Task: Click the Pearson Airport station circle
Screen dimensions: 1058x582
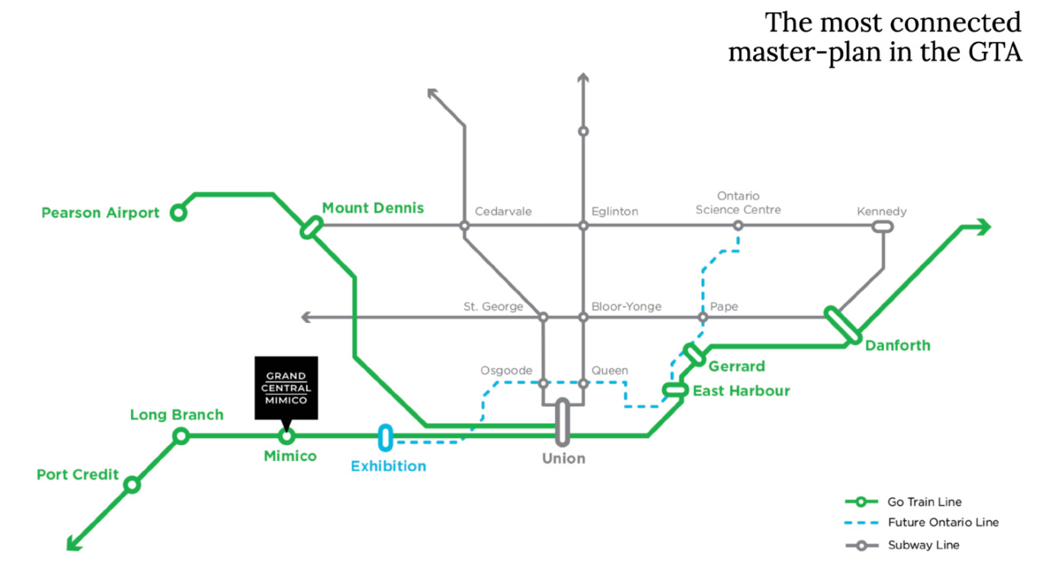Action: tap(178, 213)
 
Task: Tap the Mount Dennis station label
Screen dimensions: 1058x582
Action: tap(373, 208)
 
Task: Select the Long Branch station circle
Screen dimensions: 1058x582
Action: tap(181, 436)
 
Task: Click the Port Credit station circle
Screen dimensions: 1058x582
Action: tap(133, 484)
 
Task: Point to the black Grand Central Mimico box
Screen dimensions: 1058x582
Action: tap(287, 388)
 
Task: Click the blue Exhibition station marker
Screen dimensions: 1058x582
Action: tap(386, 437)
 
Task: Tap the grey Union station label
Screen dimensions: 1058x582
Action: tap(563, 459)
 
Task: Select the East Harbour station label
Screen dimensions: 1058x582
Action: tap(741, 391)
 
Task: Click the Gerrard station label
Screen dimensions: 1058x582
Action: tap(736, 366)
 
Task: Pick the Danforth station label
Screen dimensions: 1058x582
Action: tap(897, 346)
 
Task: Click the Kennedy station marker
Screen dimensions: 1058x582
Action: tap(882, 226)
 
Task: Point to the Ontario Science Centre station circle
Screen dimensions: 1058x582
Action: tap(738, 226)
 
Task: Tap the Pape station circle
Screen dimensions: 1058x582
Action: tap(703, 317)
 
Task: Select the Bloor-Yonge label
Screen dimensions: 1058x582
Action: tap(627, 306)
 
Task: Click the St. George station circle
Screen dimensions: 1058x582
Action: tap(543, 317)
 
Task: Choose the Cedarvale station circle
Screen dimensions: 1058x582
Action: tap(464, 226)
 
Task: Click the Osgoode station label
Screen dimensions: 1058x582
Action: tap(506, 370)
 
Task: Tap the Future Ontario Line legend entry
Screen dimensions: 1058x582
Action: tap(922, 523)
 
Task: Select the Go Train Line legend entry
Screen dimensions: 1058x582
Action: tap(903, 502)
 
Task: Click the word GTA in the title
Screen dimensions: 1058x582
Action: tap(995, 52)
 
